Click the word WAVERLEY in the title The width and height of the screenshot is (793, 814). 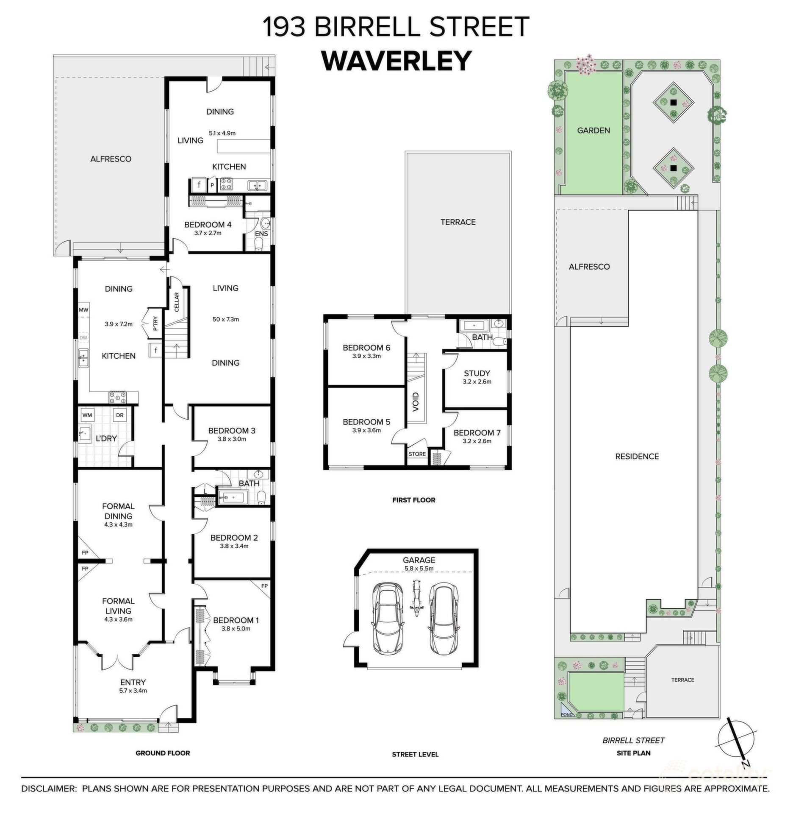click(x=396, y=61)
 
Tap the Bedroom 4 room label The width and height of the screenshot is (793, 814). click(x=205, y=225)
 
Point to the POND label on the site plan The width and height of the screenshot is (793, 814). click(x=566, y=714)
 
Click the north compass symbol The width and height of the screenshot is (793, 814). click(x=738, y=746)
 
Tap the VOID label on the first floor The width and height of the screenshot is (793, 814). click(x=416, y=401)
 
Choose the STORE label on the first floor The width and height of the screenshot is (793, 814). click(x=417, y=454)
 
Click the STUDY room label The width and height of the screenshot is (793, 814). click(x=477, y=373)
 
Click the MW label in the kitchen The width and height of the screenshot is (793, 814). click(x=83, y=310)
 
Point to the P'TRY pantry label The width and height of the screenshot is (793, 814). click(x=155, y=323)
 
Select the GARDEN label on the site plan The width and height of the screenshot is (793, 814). click(x=593, y=131)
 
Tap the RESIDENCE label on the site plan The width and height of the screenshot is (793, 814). click(x=637, y=456)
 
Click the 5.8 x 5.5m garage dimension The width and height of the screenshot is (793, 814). click(x=419, y=569)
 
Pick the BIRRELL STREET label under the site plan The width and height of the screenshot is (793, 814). click(x=634, y=740)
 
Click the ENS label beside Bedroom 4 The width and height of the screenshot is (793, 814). click(x=261, y=233)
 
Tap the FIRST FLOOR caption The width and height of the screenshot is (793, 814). click(x=414, y=500)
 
